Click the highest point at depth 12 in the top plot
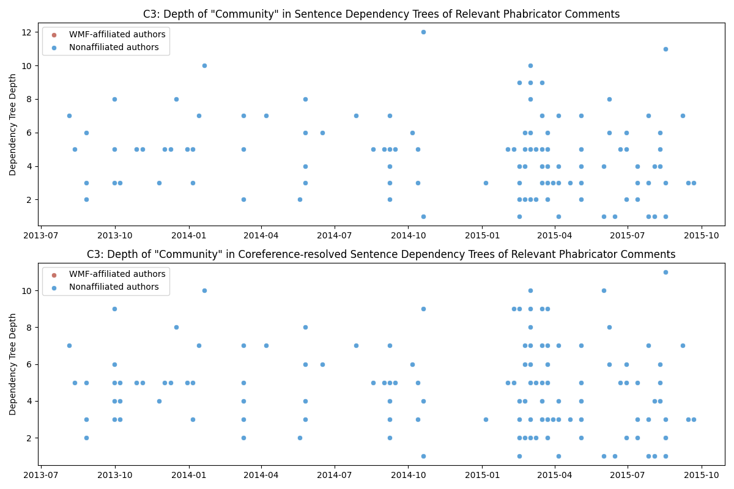pos(423,32)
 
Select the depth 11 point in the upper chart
pos(665,49)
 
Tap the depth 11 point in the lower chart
pos(665,272)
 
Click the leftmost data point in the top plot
pos(69,116)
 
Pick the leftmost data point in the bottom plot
pos(69,345)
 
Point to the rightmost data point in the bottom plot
pos(694,419)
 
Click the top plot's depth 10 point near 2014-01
pos(204,65)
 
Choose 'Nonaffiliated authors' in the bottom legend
pos(114,287)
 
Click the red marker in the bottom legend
pos(54,274)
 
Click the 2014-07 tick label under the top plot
pos(335,235)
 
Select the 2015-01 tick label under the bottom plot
pos(482,474)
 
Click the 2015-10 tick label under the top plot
pos(702,235)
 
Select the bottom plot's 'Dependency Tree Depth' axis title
pos(13,364)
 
